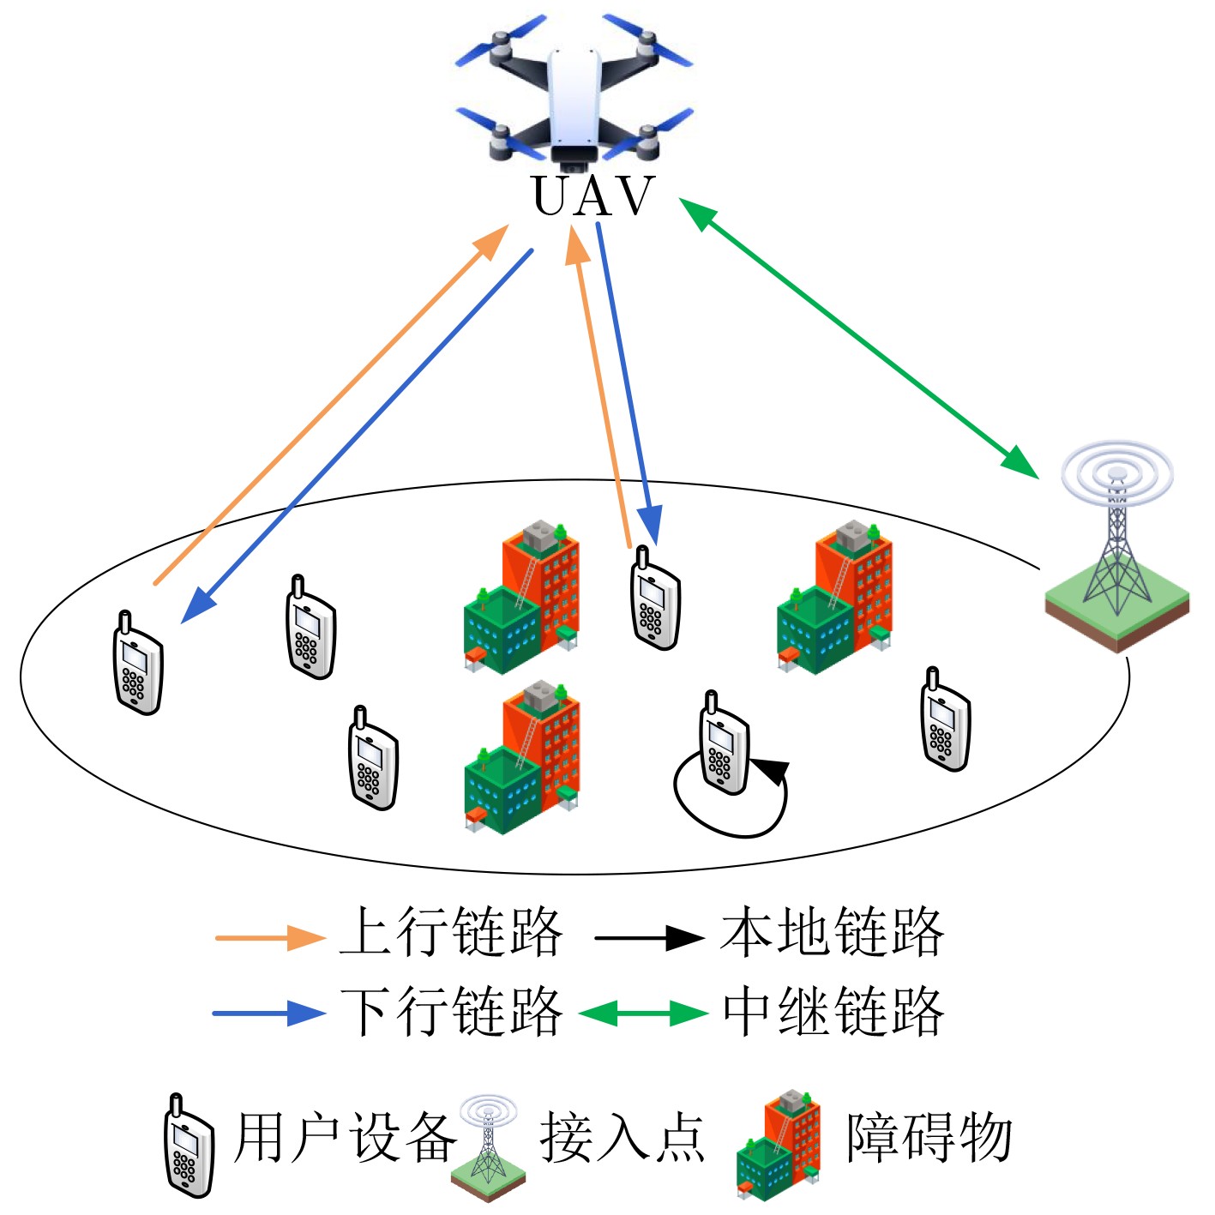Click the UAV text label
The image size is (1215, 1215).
pos(592,196)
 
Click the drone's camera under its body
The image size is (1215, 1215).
pos(574,157)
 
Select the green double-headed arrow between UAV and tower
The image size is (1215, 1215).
pos(857,337)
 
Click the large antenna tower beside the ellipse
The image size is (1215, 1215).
pos(1116,549)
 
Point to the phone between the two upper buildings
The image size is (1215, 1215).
pos(656,599)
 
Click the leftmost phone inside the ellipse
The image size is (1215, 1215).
pos(138,664)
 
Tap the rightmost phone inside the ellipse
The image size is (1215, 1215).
pos(945,721)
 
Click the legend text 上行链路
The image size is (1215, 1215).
pos(451,933)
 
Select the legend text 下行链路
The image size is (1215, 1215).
pos(451,1012)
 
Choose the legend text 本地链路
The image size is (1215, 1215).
pos(832,933)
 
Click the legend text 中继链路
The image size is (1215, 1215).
pos(833,1012)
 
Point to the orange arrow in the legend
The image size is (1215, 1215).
pos(269,938)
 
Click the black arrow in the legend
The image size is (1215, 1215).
pos(649,938)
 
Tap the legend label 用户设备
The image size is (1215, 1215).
pos(346,1139)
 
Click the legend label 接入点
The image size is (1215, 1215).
pos(623,1139)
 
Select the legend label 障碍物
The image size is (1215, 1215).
pos(929,1139)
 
